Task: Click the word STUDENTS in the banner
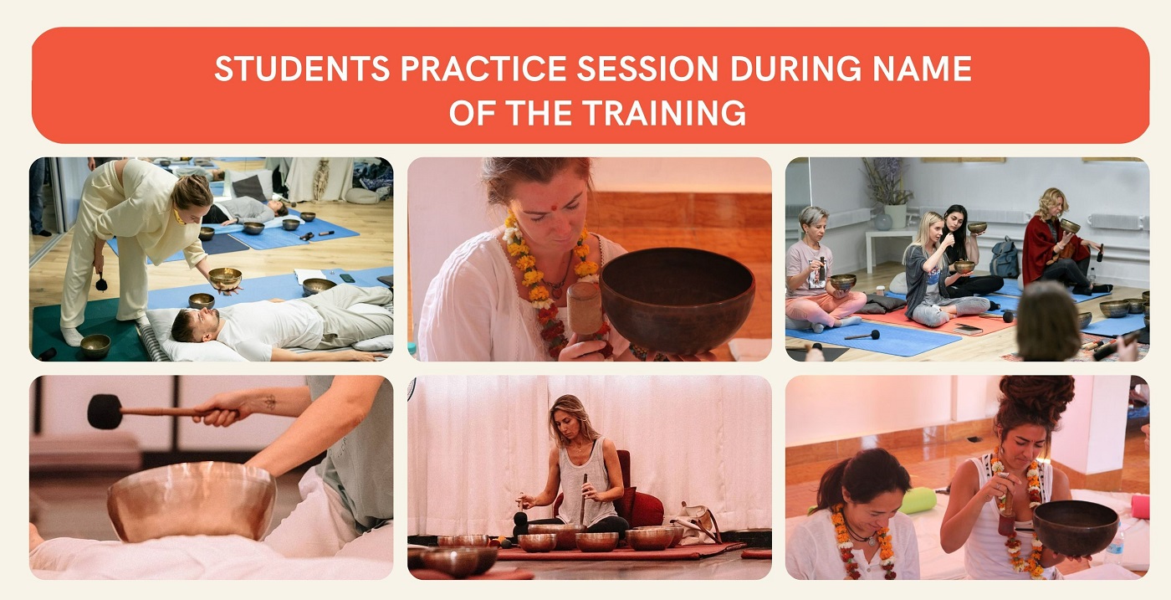(x=302, y=69)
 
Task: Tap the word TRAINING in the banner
(x=664, y=112)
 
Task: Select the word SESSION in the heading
(x=647, y=69)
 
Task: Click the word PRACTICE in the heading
(x=483, y=69)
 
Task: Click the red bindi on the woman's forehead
(x=553, y=208)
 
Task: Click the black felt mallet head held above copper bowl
(x=104, y=412)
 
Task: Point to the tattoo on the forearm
(x=269, y=402)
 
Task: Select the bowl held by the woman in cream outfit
(x=225, y=279)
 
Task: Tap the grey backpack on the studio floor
(x=1004, y=258)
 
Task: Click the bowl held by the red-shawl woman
(x=1070, y=226)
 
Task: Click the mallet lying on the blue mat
(x=862, y=336)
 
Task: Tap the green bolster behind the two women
(x=918, y=500)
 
